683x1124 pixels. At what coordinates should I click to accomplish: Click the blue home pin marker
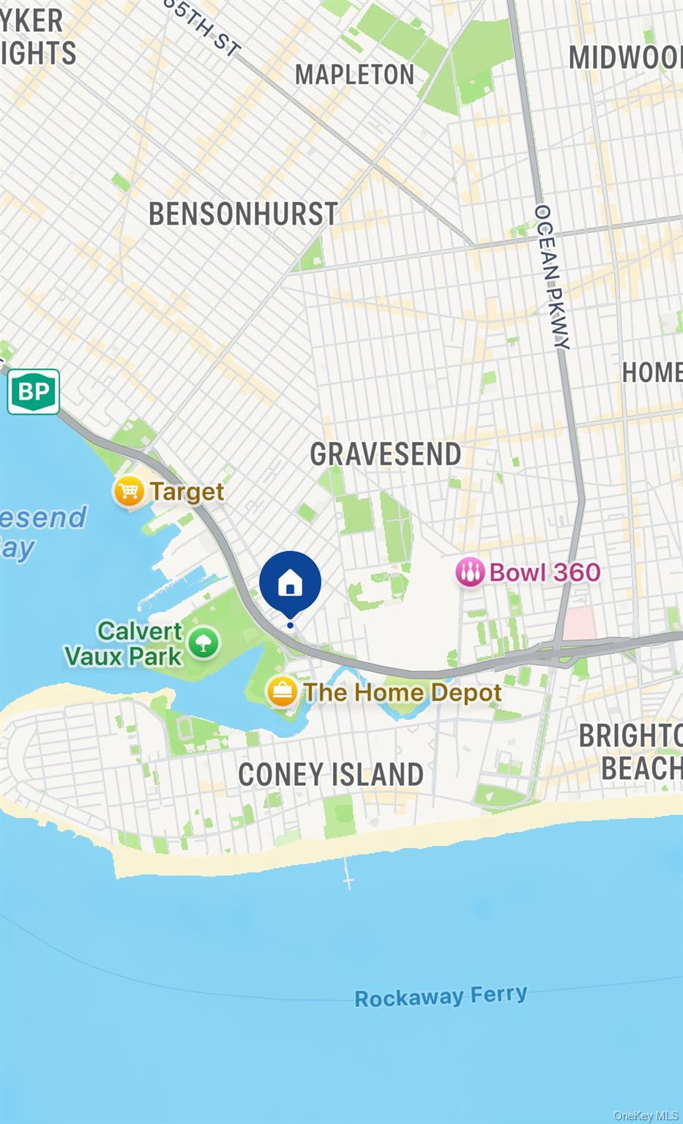pyautogui.click(x=290, y=582)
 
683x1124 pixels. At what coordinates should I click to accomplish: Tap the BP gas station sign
pyautogui.click(x=34, y=391)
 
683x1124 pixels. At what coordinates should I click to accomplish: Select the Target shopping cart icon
pyautogui.click(x=129, y=491)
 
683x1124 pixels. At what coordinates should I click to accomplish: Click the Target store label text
pyautogui.click(x=187, y=492)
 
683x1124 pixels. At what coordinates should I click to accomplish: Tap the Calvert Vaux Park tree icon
pyautogui.click(x=204, y=643)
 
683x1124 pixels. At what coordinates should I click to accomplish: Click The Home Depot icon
pyautogui.click(x=282, y=692)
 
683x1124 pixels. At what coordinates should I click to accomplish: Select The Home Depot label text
pyautogui.click(x=403, y=692)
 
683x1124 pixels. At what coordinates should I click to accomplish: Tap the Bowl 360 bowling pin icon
pyautogui.click(x=469, y=572)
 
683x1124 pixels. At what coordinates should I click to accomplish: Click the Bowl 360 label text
pyautogui.click(x=545, y=572)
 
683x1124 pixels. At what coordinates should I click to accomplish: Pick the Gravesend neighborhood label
pyautogui.click(x=385, y=454)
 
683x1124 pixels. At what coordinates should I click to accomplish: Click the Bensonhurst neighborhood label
pyautogui.click(x=243, y=214)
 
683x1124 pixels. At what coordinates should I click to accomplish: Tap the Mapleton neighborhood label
pyautogui.click(x=354, y=75)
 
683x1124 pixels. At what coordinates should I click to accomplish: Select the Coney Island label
pyautogui.click(x=331, y=774)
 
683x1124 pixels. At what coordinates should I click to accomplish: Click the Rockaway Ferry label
pyautogui.click(x=441, y=996)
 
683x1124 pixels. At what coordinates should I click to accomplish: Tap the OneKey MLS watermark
pyautogui.click(x=646, y=1115)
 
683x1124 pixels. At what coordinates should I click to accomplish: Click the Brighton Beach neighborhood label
pyautogui.click(x=632, y=752)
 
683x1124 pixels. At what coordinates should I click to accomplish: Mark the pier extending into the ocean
pyautogui.click(x=348, y=872)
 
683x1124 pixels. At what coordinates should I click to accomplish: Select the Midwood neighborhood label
pyautogui.click(x=626, y=58)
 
